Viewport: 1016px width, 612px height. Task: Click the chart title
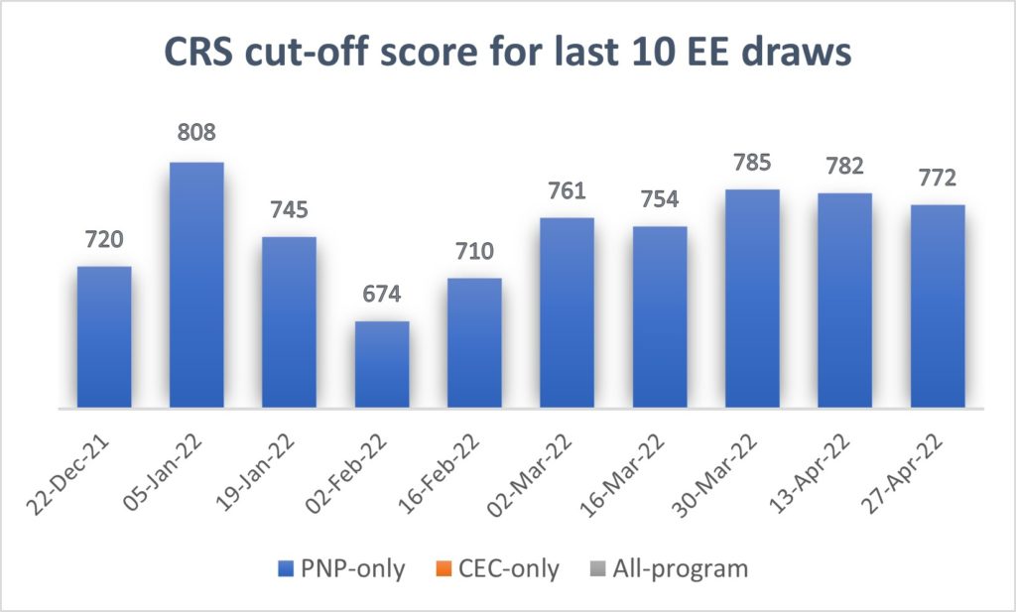507,53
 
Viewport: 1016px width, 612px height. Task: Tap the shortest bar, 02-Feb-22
382,364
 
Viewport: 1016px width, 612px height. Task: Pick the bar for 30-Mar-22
752,299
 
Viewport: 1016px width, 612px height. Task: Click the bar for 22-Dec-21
104,337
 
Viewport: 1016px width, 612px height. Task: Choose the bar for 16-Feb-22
474,343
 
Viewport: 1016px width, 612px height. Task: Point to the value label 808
196,132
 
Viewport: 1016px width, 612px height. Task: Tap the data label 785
752,161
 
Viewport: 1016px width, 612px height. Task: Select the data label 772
938,177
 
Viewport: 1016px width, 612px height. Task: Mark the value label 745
289,209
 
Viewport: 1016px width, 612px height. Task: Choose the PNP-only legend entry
340,569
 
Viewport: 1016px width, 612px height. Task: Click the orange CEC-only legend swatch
443,569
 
